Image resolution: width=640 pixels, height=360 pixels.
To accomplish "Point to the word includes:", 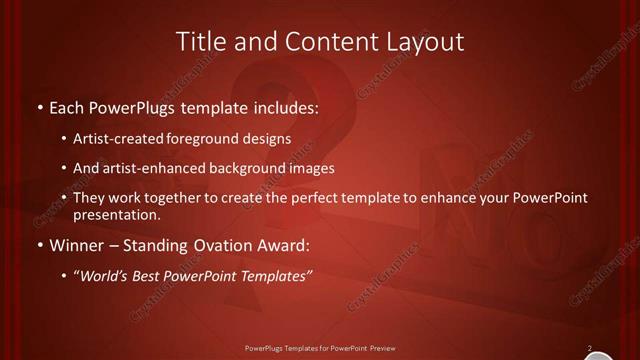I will (x=286, y=106).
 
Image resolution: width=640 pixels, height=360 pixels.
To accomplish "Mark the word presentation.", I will (x=116, y=215).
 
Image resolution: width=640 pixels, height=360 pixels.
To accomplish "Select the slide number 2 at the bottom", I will (x=590, y=348).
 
